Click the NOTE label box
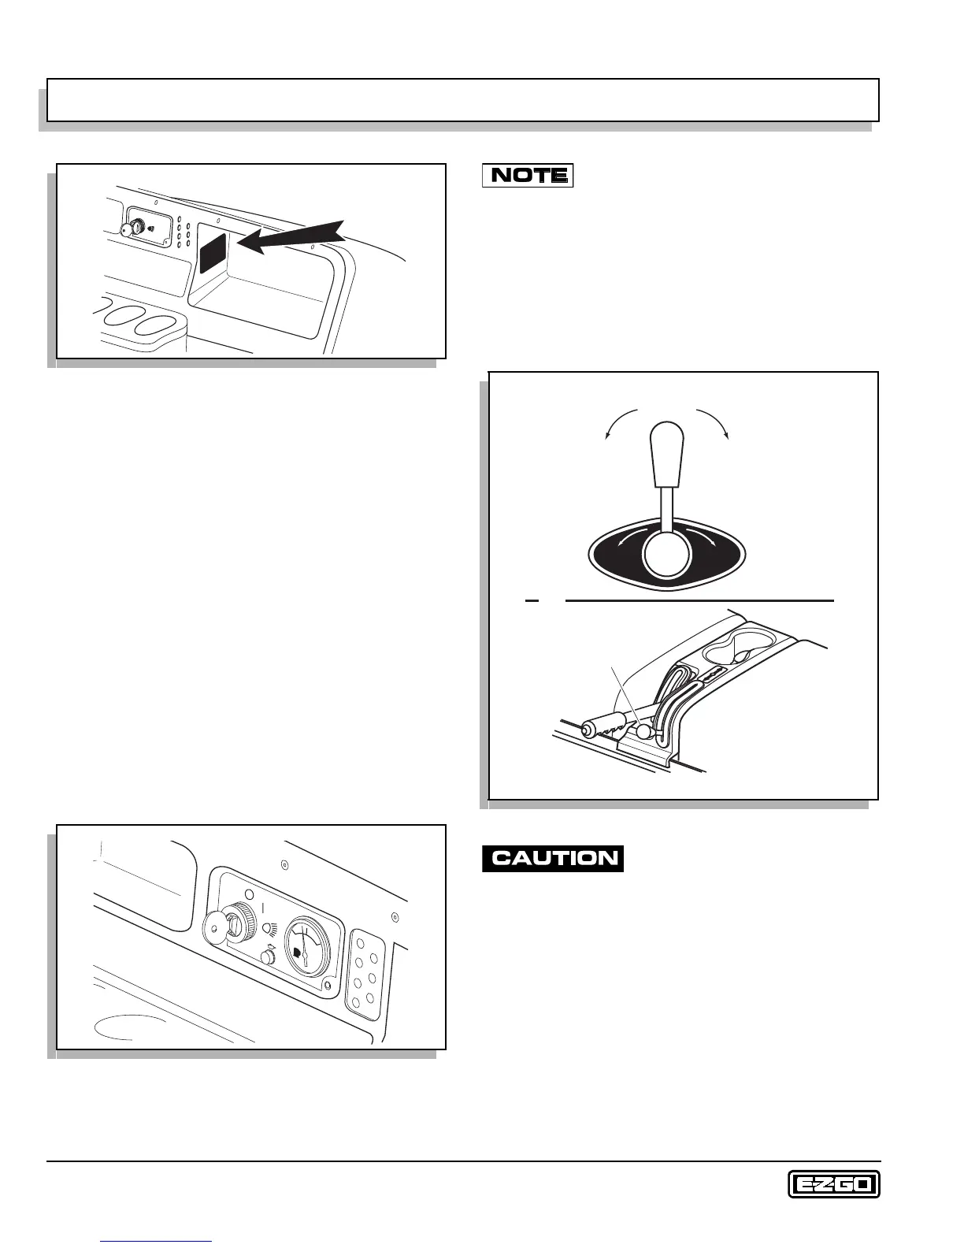tap(527, 175)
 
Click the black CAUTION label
tap(553, 857)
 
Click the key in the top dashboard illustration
tap(128, 229)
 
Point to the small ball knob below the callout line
tap(645, 731)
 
